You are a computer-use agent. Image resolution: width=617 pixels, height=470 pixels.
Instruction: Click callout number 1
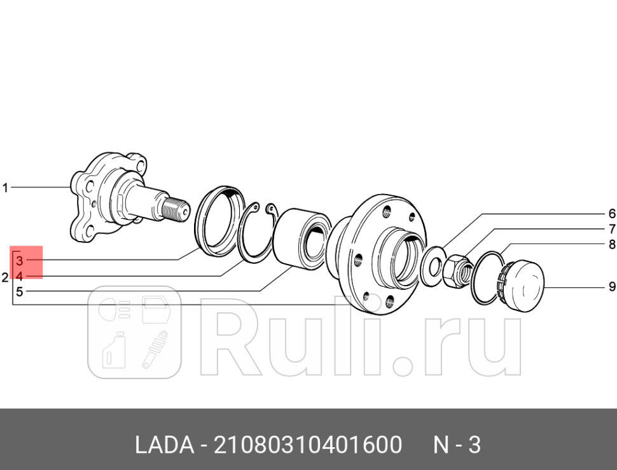coord(5,188)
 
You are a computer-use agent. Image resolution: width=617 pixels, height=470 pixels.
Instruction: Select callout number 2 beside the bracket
coord(4,277)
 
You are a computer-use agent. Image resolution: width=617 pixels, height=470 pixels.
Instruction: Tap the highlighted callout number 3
coord(20,261)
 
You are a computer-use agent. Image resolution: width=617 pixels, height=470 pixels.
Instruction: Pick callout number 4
coord(20,277)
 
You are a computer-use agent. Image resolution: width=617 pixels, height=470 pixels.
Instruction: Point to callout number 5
coord(20,293)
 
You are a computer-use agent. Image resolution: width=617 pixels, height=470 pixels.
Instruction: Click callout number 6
coord(611,213)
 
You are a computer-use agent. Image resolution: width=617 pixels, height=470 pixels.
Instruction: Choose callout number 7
coord(611,229)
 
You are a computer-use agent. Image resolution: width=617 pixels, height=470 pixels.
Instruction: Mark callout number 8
coord(611,244)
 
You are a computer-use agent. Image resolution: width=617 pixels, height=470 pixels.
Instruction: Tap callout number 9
coord(611,286)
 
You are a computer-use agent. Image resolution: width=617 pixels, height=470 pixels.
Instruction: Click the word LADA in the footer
coord(164,445)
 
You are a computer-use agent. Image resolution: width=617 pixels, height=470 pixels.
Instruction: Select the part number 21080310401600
coord(308,445)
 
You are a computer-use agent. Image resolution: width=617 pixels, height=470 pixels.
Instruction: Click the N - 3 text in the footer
coord(457,445)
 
